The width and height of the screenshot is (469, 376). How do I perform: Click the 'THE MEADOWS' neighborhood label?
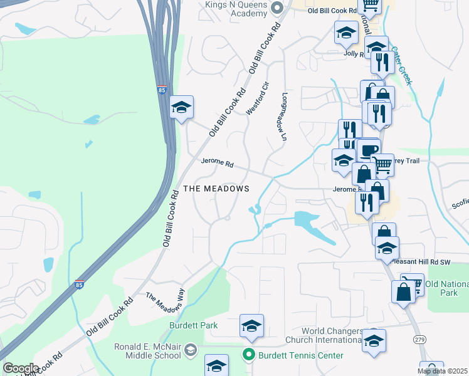216,189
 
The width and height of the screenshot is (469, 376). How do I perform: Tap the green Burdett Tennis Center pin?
249,355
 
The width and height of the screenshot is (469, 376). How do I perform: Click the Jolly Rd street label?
354,54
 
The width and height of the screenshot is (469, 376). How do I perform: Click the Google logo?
21,368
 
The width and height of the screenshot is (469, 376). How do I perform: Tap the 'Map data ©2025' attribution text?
442,371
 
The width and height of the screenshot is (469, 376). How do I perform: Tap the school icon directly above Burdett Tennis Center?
251,325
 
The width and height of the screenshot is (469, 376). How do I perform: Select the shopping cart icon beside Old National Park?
411,283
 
